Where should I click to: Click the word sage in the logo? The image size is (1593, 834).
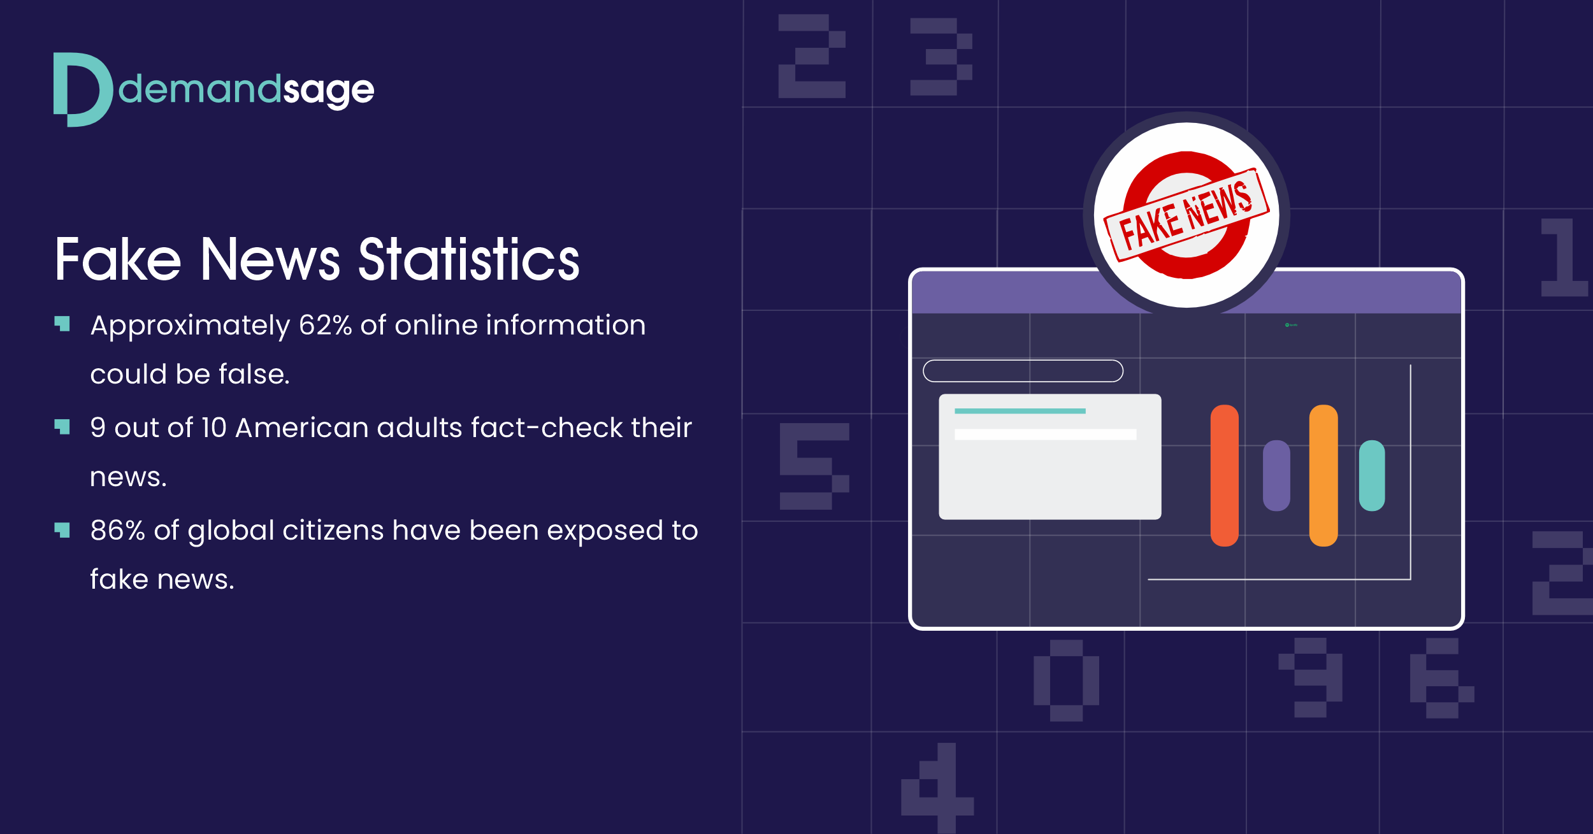pyautogui.click(x=328, y=91)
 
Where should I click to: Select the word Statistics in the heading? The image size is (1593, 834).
pyautogui.click(x=469, y=259)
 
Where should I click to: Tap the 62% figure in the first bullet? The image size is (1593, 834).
pyautogui.click(x=326, y=325)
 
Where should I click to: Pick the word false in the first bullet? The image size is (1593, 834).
pyautogui.click(x=254, y=374)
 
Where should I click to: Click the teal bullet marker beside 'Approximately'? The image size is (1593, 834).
pyautogui.click(x=62, y=324)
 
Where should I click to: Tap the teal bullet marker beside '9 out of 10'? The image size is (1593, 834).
pyautogui.click(x=62, y=427)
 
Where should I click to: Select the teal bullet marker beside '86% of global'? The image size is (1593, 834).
pyautogui.click(x=62, y=530)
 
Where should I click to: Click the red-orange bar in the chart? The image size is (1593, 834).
pyautogui.click(x=1224, y=475)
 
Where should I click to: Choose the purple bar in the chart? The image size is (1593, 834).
pyautogui.click(x=1276, y=475)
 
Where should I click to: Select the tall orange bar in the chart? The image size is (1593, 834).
pyautogui.click(x=1323, y=475)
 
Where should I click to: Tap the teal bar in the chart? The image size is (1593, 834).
pyautogui.click(x=1372, y=475)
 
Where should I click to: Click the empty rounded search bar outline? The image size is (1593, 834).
pyautogui.click(x=1023, y=361)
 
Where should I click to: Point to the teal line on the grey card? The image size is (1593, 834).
pyautogui.click(x=1020, y=411)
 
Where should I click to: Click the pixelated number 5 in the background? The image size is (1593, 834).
pyautogui.click(x=814, y=466)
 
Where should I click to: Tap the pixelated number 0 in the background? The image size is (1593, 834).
pyautogui.click(x=1066, y=680)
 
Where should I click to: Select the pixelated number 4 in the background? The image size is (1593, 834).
pyautogui.click(x=937, y=787)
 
